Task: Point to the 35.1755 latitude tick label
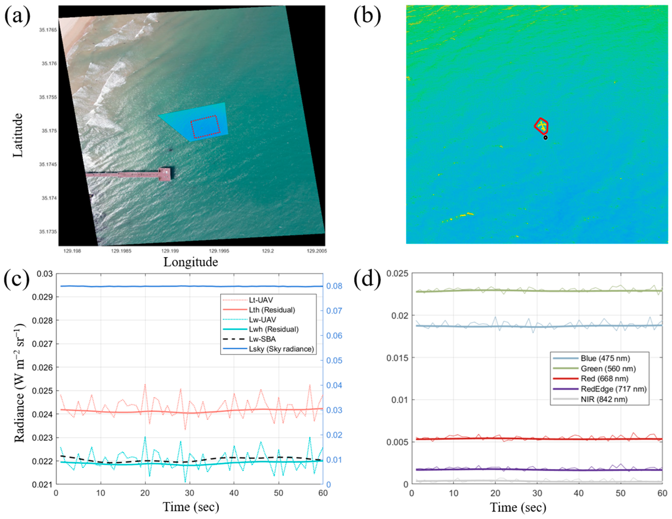(x=48, y=97)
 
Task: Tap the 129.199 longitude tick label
(x=170, y=251)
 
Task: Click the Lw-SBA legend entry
(x=262, y=339)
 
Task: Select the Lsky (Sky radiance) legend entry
(x=281, y=349)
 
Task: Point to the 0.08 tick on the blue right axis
(x=334, y=286)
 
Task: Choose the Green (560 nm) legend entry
(x=608, y=369)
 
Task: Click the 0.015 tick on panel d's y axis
(x=397, y=358)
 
